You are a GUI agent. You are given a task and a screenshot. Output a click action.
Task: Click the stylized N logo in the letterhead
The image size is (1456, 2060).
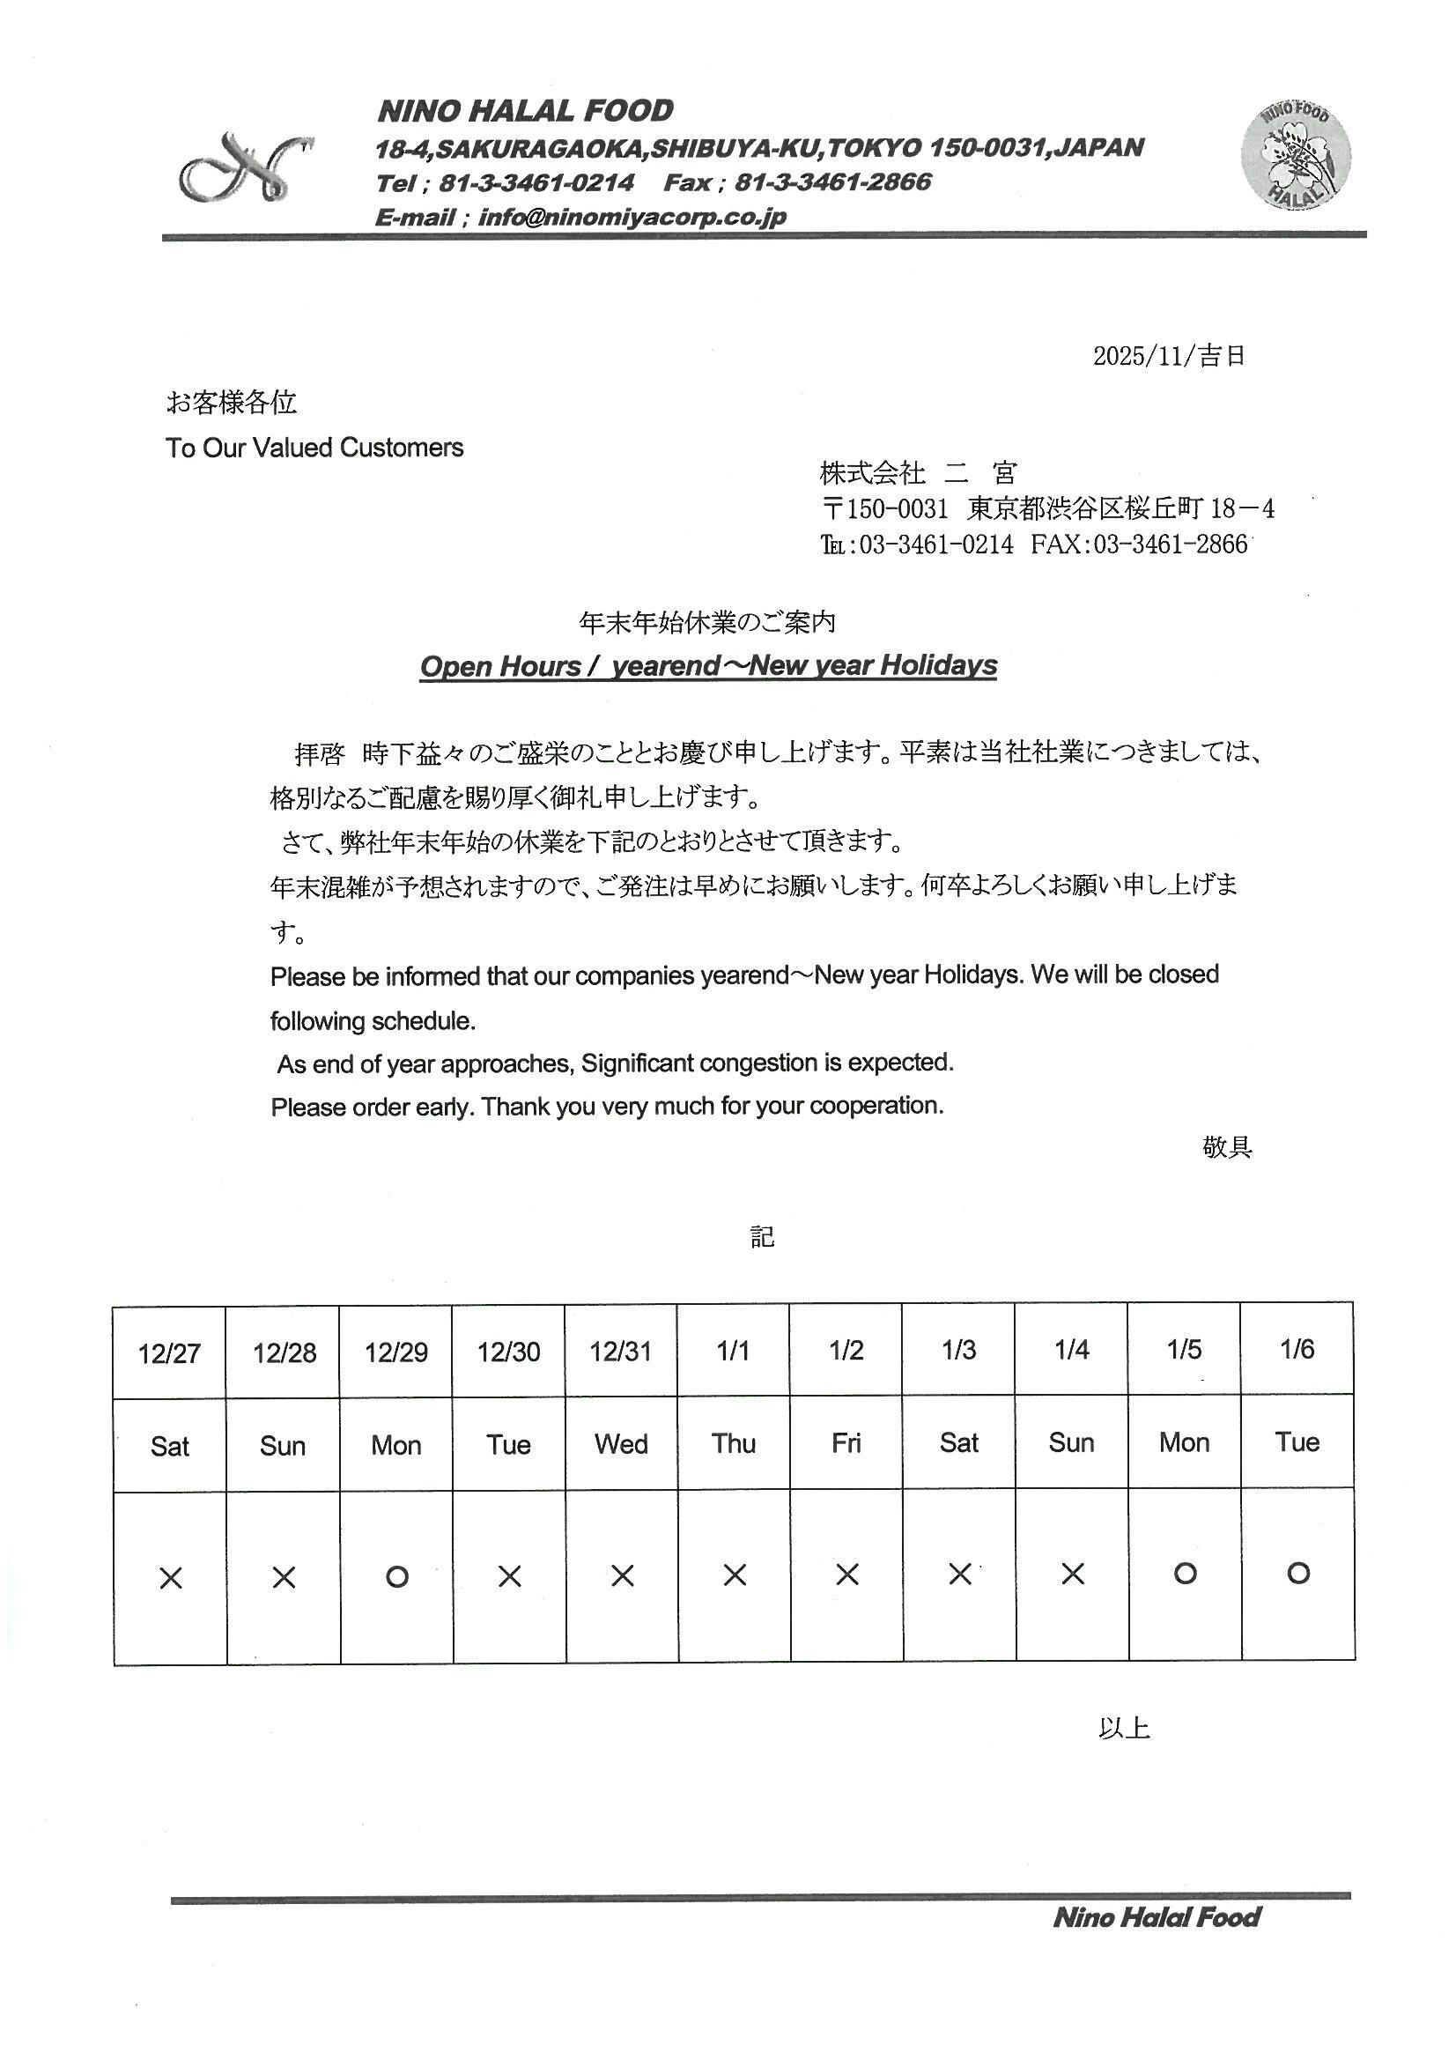pyautogui.click(x=245, y=167)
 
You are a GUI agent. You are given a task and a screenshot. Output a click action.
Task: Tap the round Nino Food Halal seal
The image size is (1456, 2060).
pyautogui.click(x=1296, y=154)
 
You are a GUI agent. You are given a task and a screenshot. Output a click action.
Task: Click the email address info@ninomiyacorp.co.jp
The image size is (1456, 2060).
pyautogui.click(x=632, y=217)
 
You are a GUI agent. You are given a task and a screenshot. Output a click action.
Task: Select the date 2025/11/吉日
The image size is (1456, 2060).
pyautogui.click(x=1168, y=356)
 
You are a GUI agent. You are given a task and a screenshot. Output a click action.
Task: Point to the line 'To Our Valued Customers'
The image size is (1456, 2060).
pyautogui.click(x=314, y=448)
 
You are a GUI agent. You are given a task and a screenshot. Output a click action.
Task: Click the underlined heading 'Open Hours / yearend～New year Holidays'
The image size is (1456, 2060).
pyautogui.click(x=708, y=666)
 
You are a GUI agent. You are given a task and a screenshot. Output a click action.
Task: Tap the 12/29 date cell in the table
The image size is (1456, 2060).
pyautogui.click(x=395, y=1352)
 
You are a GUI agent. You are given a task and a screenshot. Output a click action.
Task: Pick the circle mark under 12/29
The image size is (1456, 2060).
pyautogui.click(x=396, y=1576)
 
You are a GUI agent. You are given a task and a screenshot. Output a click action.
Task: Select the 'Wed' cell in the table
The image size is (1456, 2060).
pyautogui.click(x=621, y=1443)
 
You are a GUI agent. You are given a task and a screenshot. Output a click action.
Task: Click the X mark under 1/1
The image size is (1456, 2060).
pyautogui.click(x=735, y=1575)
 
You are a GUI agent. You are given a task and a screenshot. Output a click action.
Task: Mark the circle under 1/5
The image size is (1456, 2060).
pyautogui.click(x=1184, y=1573)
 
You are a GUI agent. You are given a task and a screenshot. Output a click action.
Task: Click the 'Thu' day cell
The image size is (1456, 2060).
pyautogui.click(x=733, y=1442)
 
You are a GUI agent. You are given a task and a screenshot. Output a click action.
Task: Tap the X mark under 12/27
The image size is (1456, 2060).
pyautogui.click(x=171, y=1577)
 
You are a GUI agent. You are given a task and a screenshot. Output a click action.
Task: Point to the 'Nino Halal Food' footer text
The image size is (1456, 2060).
pyautogui.click(x=1157, y=1917)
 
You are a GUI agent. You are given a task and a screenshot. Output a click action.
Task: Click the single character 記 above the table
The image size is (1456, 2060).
pyautogui.click(x=762, y=1236)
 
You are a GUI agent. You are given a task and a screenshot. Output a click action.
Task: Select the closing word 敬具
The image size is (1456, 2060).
pyautogui.click(x=1226, y=1146)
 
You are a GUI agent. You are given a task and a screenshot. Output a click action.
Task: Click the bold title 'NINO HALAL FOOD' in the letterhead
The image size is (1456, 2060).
pyautogui.click(x=525, y=111)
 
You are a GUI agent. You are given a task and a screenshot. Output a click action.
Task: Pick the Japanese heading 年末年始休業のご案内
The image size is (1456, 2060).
pyautogui.click(x=707, y=622)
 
